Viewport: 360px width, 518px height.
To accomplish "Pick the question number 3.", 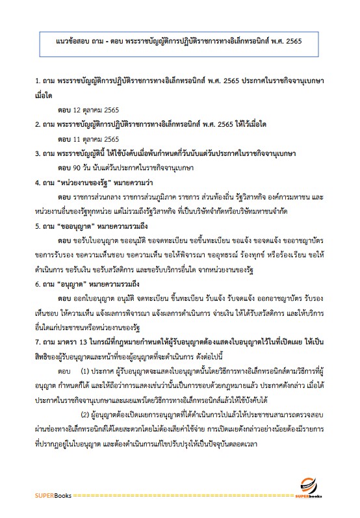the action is click(38, 154).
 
